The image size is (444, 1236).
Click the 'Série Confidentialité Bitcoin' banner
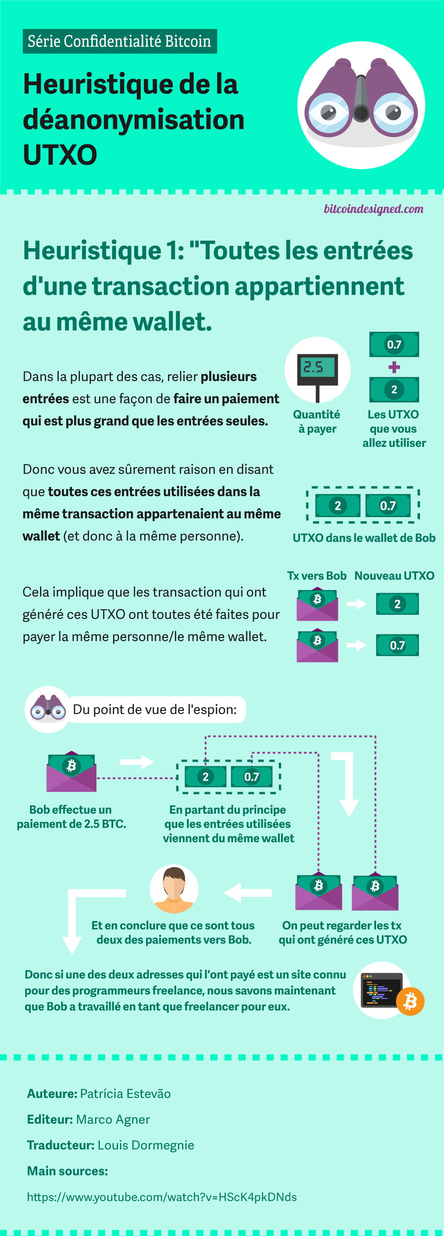pyautogui.click(x=119, y=41)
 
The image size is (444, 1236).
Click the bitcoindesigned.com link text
pyautogui.click(x=373, y=209)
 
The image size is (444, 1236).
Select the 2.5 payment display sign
pyautogui.click(x=317, y=369)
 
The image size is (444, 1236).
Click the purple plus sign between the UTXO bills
pyautogui.click(x=394, y=367)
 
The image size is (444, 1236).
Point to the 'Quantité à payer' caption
pyautogui.click(x=317, y=421)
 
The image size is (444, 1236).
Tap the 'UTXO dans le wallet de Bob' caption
pyautogui.click(x=364, y=538)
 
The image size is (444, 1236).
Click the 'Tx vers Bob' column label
pyautogui.click(x=317, y=576)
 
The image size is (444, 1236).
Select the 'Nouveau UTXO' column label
pyautogui.click(x=394, y=576)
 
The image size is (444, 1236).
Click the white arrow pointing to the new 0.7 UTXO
pyautogui.click(x=356, y=645)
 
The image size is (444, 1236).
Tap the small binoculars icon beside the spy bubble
pyautogui.click(x=48, y=709)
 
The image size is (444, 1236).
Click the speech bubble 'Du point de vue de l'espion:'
pyautogui.click(x=155, y=709)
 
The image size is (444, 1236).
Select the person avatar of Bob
pyautogui.click(x=174, y=889)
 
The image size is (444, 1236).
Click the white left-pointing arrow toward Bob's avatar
pyautogui.click(x=248, y=893)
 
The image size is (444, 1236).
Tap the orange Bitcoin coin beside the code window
pyautogui.click(x=410, y=1002)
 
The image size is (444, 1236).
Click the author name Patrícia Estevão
pyautogui.click(x=125, y=1093)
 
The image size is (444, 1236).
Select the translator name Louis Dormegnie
pyautogui.click(x=146, y=1145)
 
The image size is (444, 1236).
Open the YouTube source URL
pyautogui.click(x=162, y=1196)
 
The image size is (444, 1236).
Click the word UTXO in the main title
pyautogui.click(x=60, y=154)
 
